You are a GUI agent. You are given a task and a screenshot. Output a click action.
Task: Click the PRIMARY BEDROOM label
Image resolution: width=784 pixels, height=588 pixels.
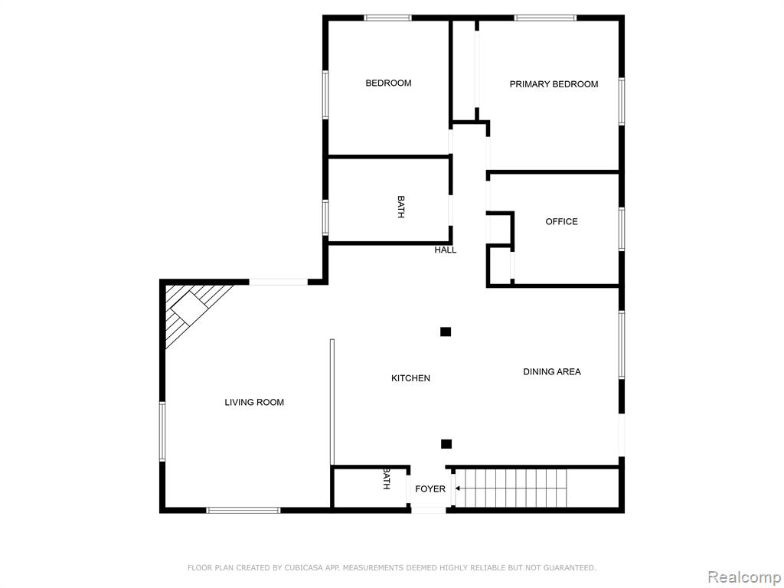coord(554,84)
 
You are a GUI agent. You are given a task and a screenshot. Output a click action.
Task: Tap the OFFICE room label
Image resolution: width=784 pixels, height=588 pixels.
coord(561,221)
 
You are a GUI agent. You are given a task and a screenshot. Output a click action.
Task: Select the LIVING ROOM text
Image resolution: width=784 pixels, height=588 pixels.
coord(254,402)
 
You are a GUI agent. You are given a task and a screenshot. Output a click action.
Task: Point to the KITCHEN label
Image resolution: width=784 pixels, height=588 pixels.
coord(410,378)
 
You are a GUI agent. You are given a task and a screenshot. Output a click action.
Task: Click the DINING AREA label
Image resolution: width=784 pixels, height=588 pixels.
coord(552,371)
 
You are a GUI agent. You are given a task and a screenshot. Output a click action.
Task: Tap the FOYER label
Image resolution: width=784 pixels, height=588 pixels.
coord(430,488)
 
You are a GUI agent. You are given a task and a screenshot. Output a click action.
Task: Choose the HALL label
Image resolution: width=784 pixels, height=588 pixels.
coord(445,250)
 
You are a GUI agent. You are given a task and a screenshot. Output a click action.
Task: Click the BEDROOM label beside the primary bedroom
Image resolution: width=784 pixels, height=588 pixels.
coord(388,83)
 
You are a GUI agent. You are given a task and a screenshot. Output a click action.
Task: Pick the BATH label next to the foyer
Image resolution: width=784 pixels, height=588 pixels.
coord(387,479)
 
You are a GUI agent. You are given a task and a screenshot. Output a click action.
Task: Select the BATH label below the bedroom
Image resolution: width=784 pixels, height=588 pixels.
coord(401,207)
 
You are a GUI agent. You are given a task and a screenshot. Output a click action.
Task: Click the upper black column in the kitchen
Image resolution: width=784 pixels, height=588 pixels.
coord(446,332)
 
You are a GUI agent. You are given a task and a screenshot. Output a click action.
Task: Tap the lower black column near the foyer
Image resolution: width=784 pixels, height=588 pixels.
coord(446,444)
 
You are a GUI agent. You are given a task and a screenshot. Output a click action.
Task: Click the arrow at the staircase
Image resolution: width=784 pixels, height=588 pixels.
coord(458,488)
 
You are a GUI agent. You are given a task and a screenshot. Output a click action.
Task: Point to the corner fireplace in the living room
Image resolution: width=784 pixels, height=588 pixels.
coord(188,308)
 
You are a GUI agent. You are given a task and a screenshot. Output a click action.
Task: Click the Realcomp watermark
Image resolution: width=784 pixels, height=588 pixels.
coord(744,577)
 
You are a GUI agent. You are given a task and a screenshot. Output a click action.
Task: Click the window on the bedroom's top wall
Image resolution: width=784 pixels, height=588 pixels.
coord(388,18)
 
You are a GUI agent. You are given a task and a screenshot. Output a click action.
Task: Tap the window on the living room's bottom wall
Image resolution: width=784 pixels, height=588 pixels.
coord(243,511)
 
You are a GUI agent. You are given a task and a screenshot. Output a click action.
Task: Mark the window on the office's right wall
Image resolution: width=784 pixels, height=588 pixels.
coord(622,229)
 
